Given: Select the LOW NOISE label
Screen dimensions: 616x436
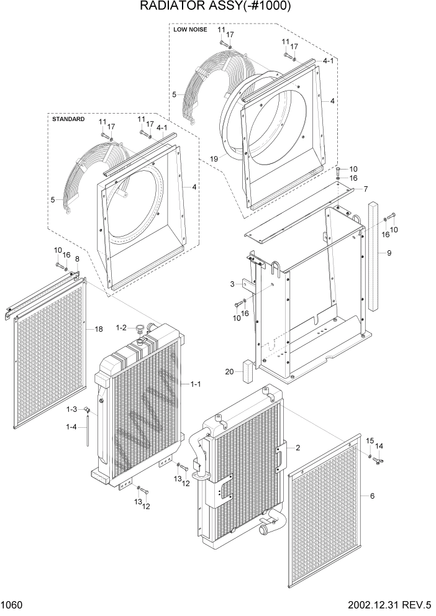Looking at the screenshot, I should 190,29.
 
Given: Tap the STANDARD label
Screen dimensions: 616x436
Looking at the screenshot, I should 68,119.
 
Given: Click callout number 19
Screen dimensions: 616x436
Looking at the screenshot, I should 214,159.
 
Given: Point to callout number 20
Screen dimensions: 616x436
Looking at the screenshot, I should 229,372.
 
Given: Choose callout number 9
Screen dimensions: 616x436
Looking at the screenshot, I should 389,253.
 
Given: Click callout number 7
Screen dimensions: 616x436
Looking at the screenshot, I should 366,189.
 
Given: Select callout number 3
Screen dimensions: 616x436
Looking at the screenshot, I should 232,284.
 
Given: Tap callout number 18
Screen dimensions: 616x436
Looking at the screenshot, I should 98,329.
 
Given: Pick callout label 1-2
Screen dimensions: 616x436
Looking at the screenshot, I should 120,328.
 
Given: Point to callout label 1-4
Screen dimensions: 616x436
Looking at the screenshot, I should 71,427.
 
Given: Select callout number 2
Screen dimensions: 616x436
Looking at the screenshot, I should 298,447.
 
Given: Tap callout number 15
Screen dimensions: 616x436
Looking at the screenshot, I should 369,441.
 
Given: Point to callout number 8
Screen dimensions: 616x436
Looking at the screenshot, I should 77,259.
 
